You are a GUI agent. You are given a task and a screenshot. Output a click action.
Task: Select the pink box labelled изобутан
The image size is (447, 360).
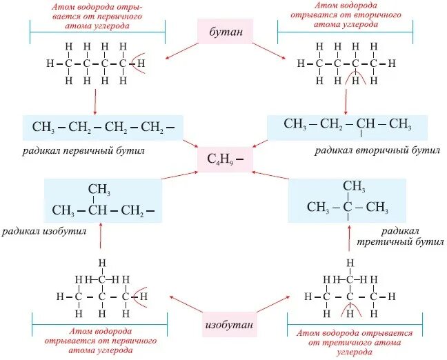pyautogui.click(x=223, y=324)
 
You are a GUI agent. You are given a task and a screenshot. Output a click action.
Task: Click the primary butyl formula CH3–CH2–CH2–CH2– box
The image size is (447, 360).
pyautogui.click(x=103, y=128)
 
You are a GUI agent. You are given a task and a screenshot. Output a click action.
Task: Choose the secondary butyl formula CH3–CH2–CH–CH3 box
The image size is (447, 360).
pyautogui.click(x=347, y=126)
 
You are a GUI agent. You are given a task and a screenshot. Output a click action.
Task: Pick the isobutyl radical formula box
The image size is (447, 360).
pyautogui.click(x=103, y=201)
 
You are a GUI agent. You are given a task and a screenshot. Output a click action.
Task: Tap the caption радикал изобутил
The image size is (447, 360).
pyautogui.click(x=43, y=232)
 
